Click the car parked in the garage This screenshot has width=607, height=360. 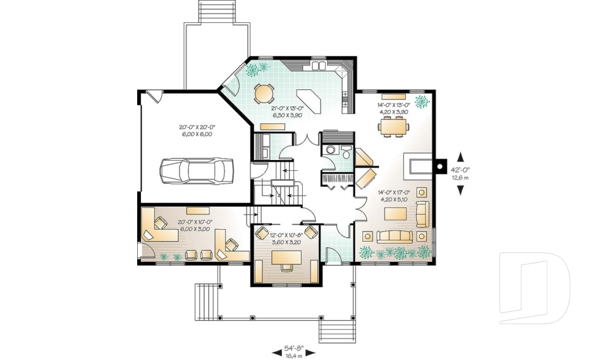(197, 170)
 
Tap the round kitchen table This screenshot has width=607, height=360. (264, 94)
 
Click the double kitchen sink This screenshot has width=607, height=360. (319, 64)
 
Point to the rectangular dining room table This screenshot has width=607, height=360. (393, 127)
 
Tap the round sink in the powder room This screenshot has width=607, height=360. (329, 150)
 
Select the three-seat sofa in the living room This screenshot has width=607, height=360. (394, 237)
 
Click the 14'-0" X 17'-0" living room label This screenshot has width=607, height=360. (394, 192)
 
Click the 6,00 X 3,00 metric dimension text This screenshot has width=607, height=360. (195, 229)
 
